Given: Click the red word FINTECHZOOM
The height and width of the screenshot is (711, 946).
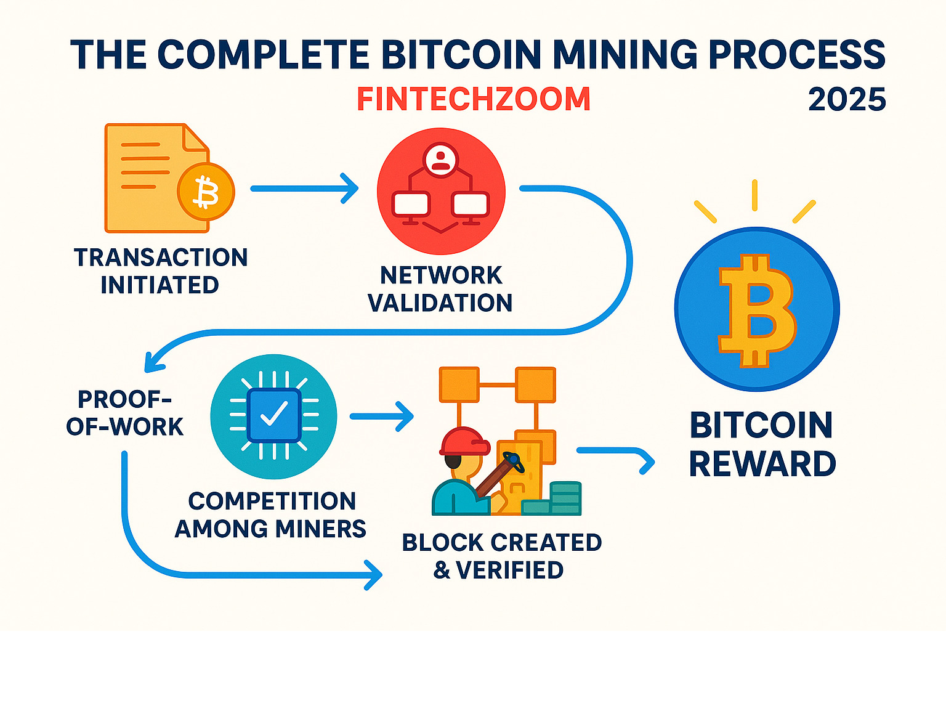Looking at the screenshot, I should tap(474, 99).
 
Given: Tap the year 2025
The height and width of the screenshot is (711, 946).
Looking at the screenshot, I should tap(847, 99).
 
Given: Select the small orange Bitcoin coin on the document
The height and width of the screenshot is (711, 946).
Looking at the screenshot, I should tap(206, 192).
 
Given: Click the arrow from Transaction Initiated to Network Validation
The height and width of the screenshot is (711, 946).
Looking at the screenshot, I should tap(305, 188).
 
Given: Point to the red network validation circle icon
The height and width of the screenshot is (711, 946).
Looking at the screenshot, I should tap(441, 191).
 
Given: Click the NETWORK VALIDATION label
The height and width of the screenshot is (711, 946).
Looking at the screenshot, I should tap(440, 289).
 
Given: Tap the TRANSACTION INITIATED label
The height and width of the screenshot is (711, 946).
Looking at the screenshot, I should tap(160, 271).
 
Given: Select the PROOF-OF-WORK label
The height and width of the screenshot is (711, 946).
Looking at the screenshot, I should tap(125, 413).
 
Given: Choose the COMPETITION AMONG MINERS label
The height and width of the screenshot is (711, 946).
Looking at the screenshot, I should tap(271, 514).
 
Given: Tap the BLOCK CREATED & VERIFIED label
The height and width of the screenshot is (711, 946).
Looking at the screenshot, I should tap(501, 556).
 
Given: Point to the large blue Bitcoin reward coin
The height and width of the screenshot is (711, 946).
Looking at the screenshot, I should tap(757, 309).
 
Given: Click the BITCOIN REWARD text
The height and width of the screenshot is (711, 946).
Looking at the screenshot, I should tap(762, 444).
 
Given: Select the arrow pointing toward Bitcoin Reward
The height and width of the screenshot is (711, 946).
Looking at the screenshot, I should tap(616, 457).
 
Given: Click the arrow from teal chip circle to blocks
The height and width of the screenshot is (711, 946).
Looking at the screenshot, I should tap(382, 416).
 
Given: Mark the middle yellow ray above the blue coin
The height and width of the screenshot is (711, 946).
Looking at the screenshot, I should tap(754, 195).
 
